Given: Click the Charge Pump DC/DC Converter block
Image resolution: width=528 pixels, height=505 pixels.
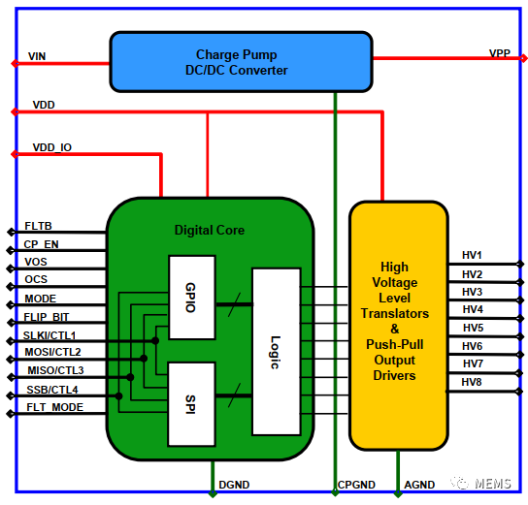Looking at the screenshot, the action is [x=241, y=62].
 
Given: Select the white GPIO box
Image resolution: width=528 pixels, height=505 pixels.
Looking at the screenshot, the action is [x=192, y=298].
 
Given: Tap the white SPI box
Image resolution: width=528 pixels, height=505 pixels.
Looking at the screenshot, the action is [x=191, y=404].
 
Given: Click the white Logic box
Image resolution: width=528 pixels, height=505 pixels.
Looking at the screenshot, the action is [x=276, y=352].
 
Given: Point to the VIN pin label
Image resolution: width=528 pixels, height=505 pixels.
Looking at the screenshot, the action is [x=37, y=56].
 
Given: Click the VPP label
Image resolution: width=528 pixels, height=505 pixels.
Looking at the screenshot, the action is [x=500, y=53].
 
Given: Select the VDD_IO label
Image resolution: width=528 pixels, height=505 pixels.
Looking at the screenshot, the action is [x=52, y=147].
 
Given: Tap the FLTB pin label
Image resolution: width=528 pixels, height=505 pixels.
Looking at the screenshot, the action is [x=38, y=226].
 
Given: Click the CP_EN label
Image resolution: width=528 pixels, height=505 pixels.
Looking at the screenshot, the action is [x=41, y=244].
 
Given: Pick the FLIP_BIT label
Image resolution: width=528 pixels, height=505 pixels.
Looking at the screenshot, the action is [x=47, y=317].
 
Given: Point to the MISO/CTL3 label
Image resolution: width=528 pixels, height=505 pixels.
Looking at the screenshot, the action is [x=55, y=370].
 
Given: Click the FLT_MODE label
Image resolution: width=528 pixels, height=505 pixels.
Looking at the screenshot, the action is [x=55, y=407].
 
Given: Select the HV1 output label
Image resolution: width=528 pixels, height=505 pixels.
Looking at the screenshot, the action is [x=472, y=255].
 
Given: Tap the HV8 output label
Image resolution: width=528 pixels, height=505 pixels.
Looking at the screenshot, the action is [x=472, y=382].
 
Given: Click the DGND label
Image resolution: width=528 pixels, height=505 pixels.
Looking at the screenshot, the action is [x=234, y=485].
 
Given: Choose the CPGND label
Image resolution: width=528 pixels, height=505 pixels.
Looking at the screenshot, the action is [x=356, y=485].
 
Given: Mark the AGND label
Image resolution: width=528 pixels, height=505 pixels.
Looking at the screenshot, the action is [x=419, y=485].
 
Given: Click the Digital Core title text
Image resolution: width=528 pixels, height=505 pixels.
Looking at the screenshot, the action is [x=210, y=231].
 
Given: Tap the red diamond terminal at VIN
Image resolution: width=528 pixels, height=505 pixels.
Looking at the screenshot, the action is [x=16, y=63].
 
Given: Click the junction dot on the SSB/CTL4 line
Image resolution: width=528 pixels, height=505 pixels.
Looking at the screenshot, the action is [x=118, y=396].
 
